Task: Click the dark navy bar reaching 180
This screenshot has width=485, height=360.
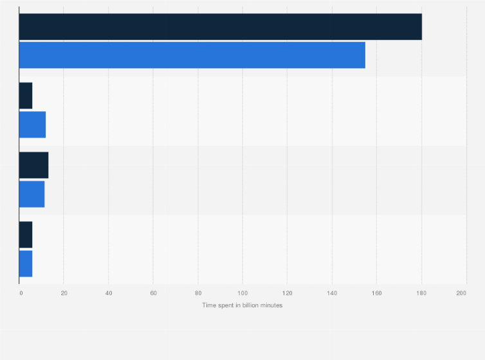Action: click(x=220, y=26)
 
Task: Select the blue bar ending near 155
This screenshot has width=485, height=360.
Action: click(x=192, y=55)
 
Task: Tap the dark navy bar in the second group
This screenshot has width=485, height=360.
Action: click(x=26, y=96)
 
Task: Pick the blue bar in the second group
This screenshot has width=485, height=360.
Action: click(x=32, y=124)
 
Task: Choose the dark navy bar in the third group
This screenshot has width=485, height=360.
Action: click(x=33, y=165)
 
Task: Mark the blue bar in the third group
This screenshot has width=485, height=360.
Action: click(x=32, y=194)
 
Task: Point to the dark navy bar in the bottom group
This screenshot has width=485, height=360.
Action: click(x=26, y=235)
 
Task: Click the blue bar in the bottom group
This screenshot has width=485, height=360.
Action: click(x=26, y=263)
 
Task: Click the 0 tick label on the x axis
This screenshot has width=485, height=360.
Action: click(x=21, y=293)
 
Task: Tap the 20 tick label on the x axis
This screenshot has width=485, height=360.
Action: click(x=64, y=293)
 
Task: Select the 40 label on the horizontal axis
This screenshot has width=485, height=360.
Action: click(x=109, y=293)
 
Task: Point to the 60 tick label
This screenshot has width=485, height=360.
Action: click(x=153, y=293)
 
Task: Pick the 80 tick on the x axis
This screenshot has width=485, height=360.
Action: click(x=198, y=293)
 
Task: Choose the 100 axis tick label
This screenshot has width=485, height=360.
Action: click(x=243, y=293)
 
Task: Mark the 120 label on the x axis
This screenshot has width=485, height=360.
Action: click(x=287, y=293)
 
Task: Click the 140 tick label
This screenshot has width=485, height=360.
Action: click(x=332, y=293)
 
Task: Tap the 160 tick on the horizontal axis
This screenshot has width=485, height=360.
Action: click(x=376, y=293)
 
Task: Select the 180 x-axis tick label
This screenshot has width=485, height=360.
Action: click(x=421, y=293)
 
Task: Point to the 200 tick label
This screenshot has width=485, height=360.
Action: click(x=461, y=293)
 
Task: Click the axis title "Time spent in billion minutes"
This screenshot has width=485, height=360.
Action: click(x=243, y=305)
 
